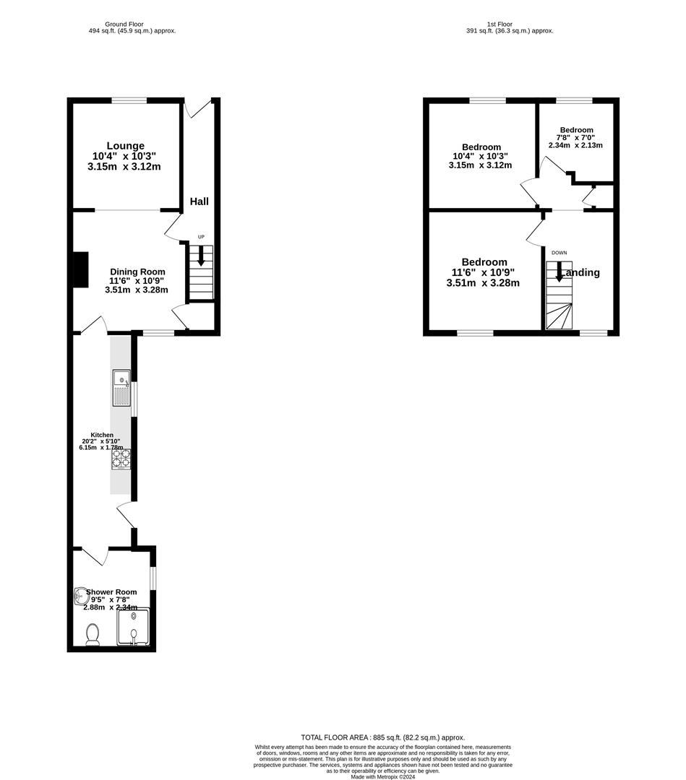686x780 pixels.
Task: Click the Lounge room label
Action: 126,146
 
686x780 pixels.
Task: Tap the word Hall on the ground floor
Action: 200,201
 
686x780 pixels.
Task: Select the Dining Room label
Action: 137,272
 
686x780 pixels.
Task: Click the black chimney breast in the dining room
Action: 80,268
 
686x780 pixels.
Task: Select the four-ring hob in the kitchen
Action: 121,459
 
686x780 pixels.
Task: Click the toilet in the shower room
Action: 93,635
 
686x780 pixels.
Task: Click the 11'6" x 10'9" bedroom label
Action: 483,272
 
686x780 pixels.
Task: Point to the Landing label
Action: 580,272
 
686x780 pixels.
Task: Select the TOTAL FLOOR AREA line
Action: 382,737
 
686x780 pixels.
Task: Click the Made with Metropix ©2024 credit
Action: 382,776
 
